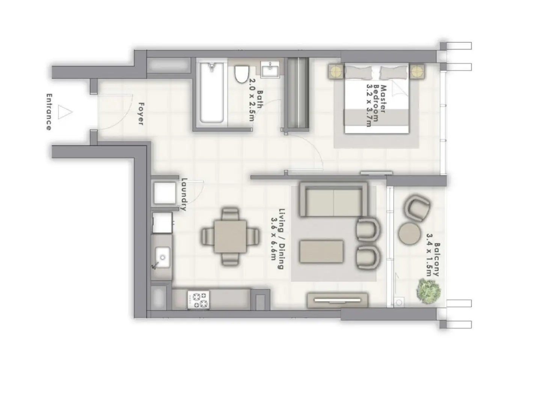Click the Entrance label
pyautogui.click(x=48, y=112)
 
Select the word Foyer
pyautogui.click(x=141, y=113)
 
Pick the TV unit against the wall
pyautogui.click(x=338, y=300)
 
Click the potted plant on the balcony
pyautogui.click(x=428, y=289)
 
